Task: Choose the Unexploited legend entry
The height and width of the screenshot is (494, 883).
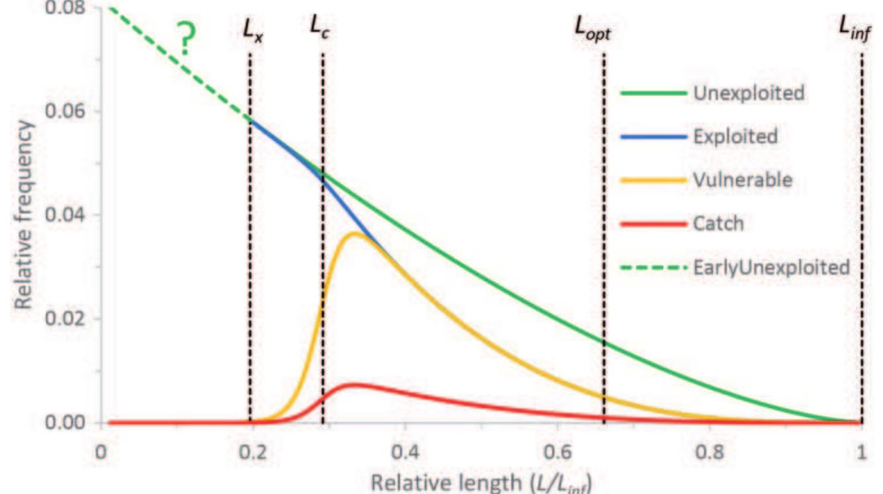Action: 748,93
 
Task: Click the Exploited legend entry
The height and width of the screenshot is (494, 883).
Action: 735,137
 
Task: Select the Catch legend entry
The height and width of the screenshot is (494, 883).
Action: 718,224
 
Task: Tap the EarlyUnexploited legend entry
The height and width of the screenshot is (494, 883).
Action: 771,267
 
